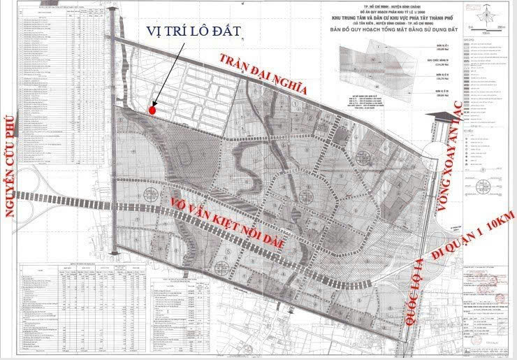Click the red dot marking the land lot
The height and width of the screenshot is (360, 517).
coord(152,109)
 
